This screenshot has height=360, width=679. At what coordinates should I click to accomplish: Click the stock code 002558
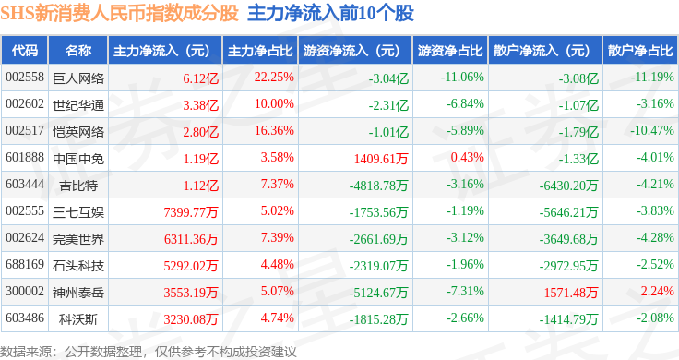click(x=25, y=78)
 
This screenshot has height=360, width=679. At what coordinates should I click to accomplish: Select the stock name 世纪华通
click(x=78, y=105)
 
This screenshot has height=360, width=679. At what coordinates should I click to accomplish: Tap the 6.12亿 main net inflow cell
click(x=200, y=78)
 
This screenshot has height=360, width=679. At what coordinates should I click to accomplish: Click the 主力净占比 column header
click(x=260, y=51)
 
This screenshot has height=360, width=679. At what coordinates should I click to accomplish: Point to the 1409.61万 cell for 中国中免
click(x=381, y=159)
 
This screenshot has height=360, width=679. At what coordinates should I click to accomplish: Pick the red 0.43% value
click(x=467, y=157)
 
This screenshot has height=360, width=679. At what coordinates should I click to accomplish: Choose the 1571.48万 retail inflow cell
click(x=571, y=293)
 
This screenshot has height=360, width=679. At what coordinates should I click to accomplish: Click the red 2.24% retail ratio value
click(x=658, y=291)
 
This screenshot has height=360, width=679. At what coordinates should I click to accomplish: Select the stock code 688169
click(x=25, y=264)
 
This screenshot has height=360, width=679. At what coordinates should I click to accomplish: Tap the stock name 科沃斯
click(x=78, y=319)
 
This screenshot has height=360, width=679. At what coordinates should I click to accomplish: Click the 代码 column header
click(x=25, y=51)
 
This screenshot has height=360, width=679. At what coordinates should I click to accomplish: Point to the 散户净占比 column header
click(x=640, y=51)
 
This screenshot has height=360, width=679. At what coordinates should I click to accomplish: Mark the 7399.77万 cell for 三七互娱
click(x=191, y=212)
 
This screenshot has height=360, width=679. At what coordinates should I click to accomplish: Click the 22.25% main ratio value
click(x=274, y=78)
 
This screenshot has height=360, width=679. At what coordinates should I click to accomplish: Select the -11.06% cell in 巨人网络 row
click(x=462, y=78)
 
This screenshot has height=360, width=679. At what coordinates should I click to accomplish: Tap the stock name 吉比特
click(x=78, y=186)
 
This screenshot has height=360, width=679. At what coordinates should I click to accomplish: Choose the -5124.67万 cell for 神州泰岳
click(x=379, y=293)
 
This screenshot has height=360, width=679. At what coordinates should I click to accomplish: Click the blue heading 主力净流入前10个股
click(x=330, y=13)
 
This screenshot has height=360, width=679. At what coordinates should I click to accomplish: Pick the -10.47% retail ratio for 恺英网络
click(x=652, y=130)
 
